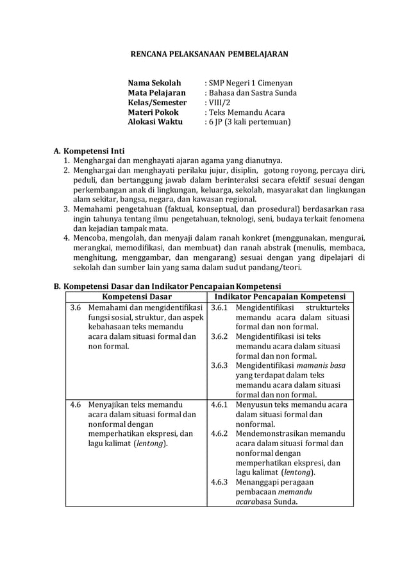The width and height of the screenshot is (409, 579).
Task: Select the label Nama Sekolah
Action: click(154, 83)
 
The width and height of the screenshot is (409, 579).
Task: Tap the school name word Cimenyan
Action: click(273, 83)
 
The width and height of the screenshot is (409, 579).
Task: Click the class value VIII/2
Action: click(217, 102)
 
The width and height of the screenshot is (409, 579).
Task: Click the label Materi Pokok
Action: click(153, 112)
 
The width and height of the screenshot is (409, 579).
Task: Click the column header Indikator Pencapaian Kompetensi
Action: click(280, 297)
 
